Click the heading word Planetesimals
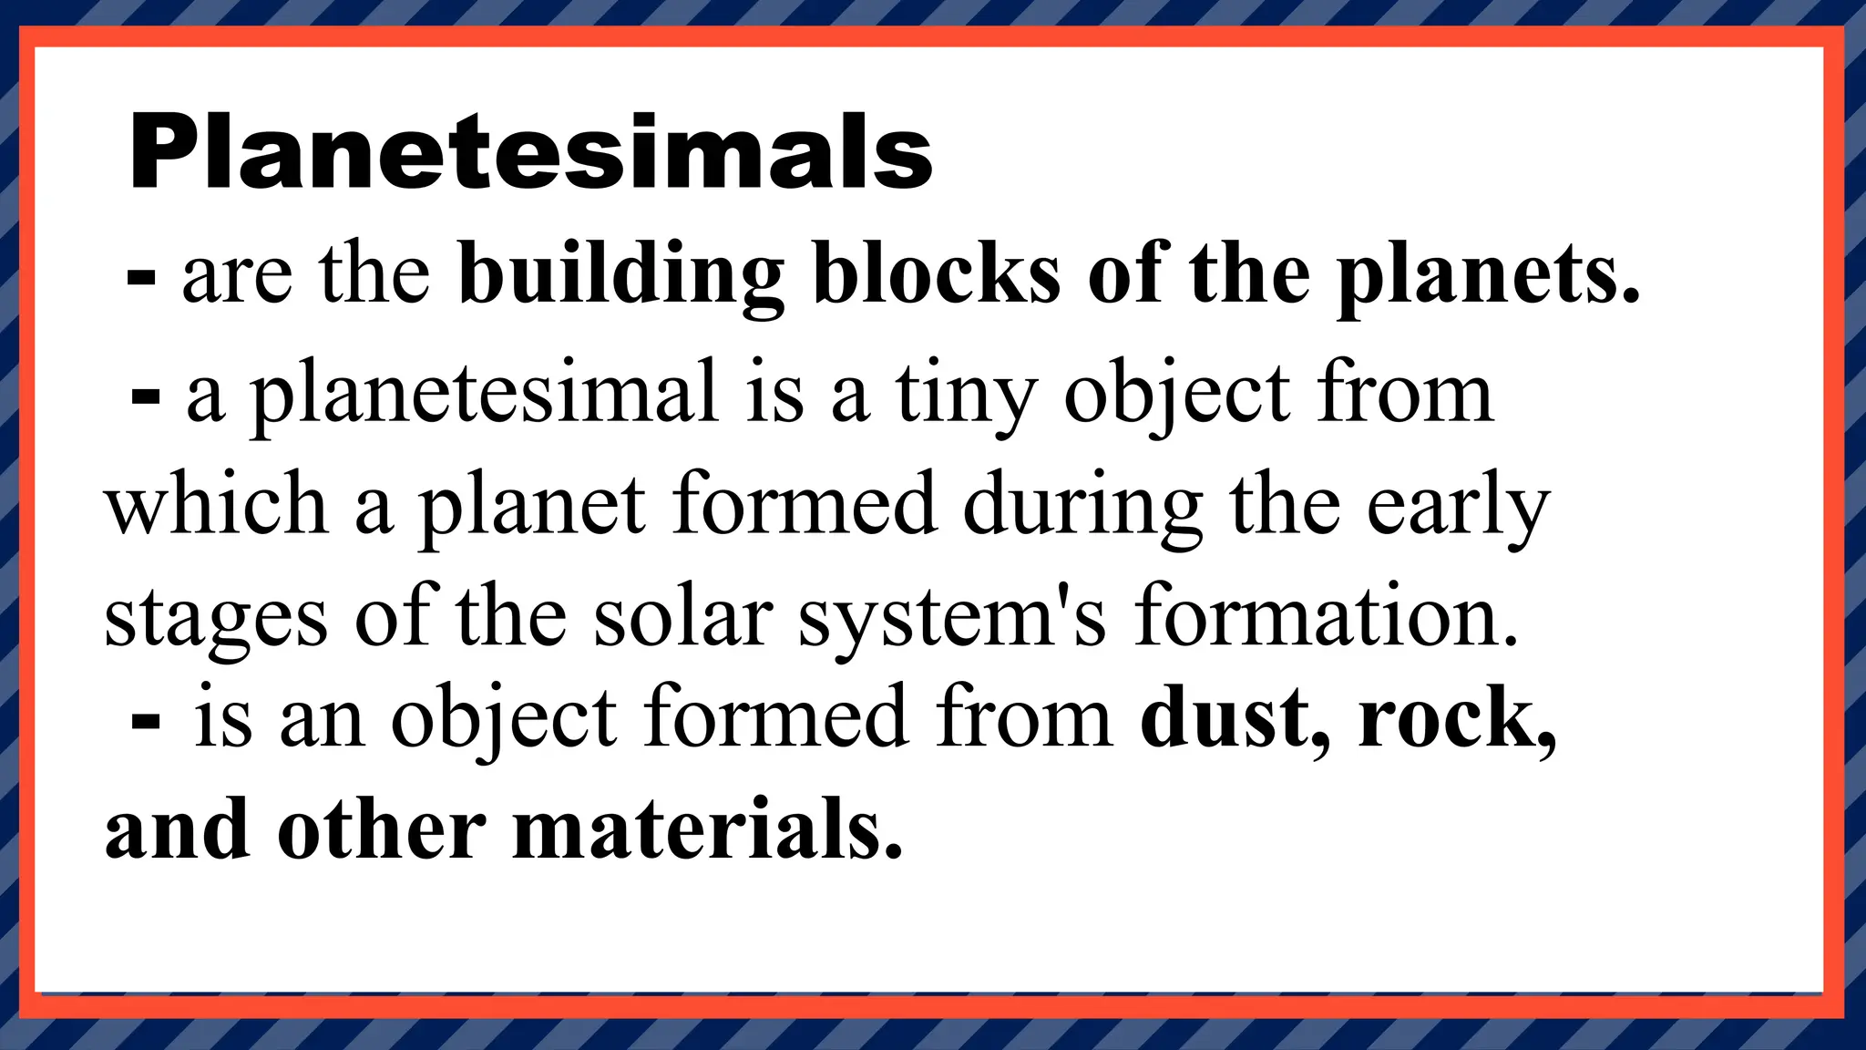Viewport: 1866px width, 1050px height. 531,152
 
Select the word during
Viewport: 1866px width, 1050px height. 1083,507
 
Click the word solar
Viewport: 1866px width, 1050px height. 683,617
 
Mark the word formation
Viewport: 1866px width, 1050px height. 1327,617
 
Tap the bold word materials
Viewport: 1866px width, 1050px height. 707,829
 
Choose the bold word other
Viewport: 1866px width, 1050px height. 382,829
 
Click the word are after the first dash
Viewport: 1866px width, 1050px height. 238,277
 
